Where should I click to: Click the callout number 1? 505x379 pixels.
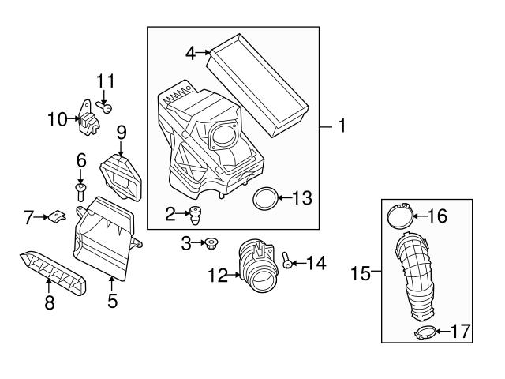click(x=341, y=126)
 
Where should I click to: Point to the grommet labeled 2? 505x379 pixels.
click(x=194, y=213)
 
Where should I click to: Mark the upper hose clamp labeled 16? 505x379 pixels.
click(x=402, y=215)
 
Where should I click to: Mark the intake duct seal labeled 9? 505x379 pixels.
click(x=122, y=176)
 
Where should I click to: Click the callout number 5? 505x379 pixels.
click(x=112, y=301)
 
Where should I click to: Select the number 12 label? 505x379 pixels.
click(x=218, y=276)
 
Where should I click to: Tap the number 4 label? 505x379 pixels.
click(x=190, y=53)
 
